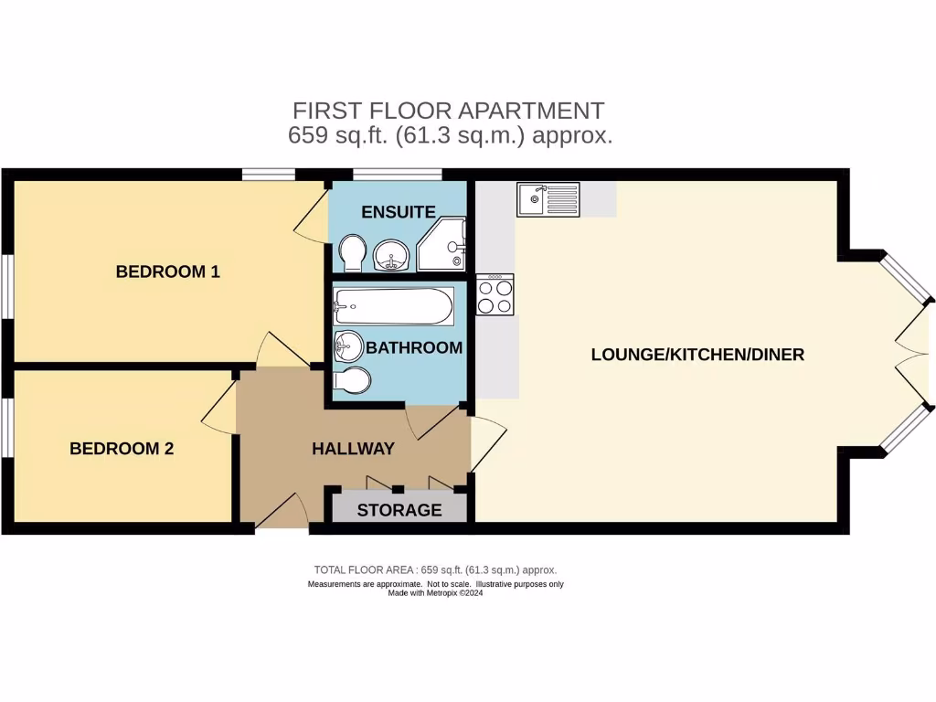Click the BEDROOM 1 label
pos(167,271)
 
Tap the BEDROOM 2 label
pos(122,449)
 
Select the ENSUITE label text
pos(398,212)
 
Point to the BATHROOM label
pos(414,348)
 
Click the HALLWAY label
pos(353,449)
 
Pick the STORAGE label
pos(399,510)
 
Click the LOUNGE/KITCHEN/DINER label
pos(697,355)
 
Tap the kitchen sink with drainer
pos(548,199)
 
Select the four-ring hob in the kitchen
pos(495,294)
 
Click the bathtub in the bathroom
pos(393,306)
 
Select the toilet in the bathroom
pos(353,380)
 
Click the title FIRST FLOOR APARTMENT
pos(448,111)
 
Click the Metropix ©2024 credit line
pos(435,593)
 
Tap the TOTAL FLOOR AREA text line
pos(435,569)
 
